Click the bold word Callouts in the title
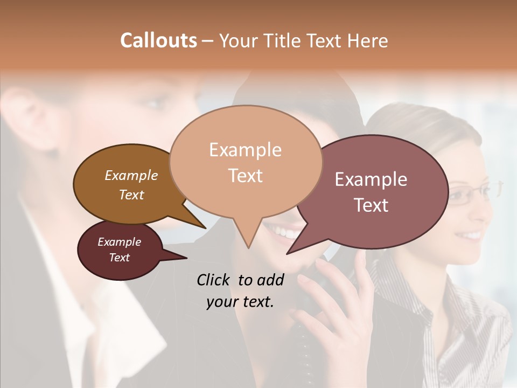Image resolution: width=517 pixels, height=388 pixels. tap(158, 40)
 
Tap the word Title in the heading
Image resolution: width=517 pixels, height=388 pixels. tap(287, 41)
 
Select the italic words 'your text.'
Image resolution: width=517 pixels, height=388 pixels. tap(240, 302)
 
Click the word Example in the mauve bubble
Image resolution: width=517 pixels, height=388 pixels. tap(371, 179)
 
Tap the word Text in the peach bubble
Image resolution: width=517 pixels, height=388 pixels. tap(246, 176)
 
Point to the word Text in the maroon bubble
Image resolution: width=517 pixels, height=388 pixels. tap(120, 258)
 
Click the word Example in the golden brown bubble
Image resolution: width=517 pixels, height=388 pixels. tap(131, 175)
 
